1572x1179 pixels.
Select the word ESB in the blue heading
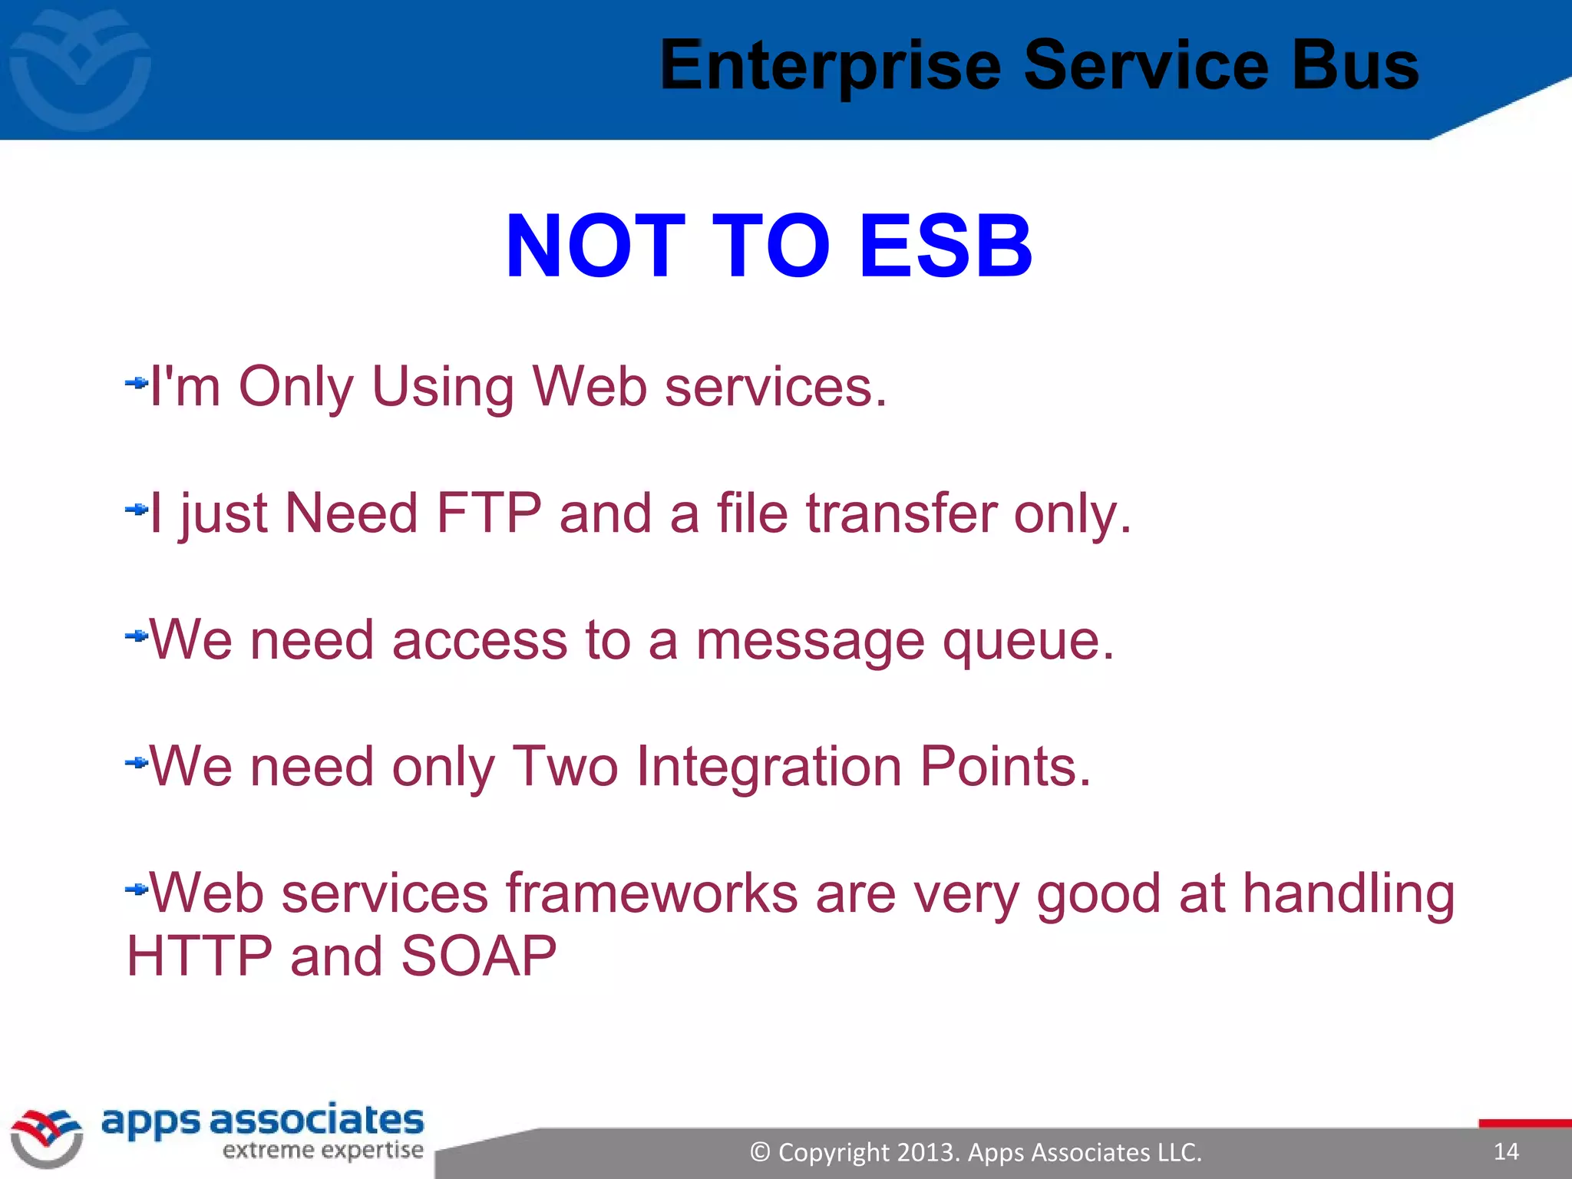(x=946, y=246)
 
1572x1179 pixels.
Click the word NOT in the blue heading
(x=595, y=246)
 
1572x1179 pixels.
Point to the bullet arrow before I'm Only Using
(x=136, y=382)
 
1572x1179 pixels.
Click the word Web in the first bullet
(x=589, y=386)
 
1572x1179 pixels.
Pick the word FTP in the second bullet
(x=489, y=513)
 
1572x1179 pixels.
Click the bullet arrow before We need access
(x=136, y=636)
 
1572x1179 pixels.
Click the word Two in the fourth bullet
(x=564, y=766)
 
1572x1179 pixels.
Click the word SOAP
(x=479, y=956)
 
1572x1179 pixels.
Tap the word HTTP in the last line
(x=200, y=956)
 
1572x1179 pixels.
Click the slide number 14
(x=1506, y=1151)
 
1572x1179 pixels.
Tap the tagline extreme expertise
(x=322, y=1151)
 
